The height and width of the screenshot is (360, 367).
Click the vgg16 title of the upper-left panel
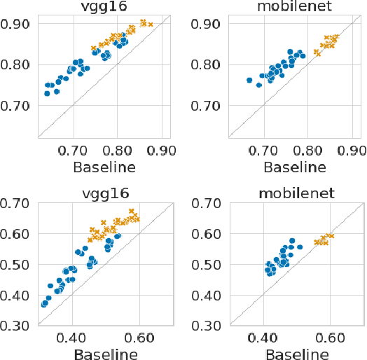click(104, 8)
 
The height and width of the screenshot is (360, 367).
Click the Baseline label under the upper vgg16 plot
click(104, 167)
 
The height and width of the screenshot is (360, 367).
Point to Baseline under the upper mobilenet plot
click(293, 167)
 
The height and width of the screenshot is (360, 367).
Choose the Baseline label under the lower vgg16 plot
click(104, 352)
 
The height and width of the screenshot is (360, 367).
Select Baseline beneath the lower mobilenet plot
click(293, 352)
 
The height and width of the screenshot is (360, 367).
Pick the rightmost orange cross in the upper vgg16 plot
click(151, 25)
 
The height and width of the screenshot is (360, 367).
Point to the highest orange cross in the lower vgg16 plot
click(132, 211)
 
